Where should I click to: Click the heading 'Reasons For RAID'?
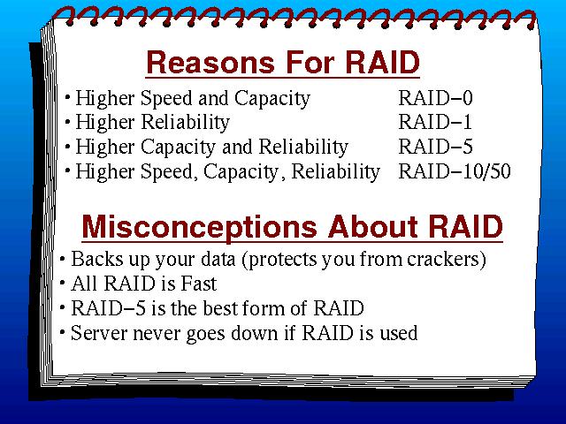(283, 62)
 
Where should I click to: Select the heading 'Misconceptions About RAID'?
(293, 227)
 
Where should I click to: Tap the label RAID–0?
(435, 98)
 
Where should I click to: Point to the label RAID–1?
(435, 122)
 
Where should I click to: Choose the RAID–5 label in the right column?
(435, 147)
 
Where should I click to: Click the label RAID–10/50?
(455, 171)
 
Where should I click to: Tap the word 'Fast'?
(198, 284)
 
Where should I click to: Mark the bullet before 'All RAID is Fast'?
(63, 284)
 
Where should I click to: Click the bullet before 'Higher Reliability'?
(67, 122)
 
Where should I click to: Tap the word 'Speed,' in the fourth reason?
(169, 172)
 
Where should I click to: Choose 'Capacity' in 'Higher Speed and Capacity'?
(272, 99)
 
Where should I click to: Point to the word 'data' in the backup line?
(218, 259)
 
